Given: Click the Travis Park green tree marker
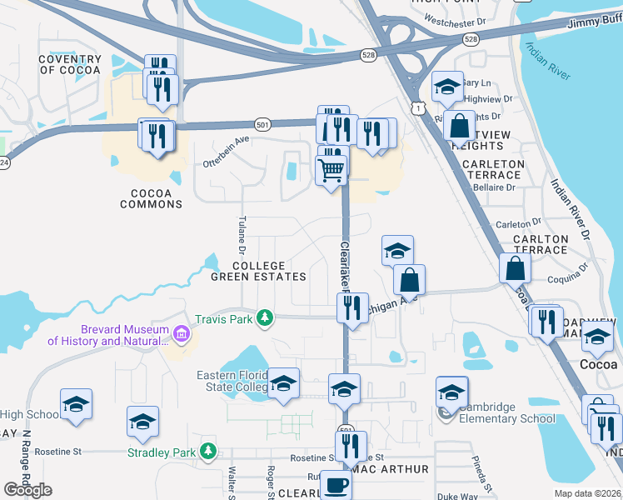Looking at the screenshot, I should (x=265, y=317).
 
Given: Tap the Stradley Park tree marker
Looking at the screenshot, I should (x=207, y=452).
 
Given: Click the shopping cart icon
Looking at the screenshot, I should (x=331, y=170).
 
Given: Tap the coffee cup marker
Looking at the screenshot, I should (x=336, y=485).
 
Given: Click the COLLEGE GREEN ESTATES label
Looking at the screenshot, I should (x=257, y=271).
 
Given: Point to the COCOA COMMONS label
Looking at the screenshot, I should (x=152, y=198).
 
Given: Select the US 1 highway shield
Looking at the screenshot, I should (x=417, y=107).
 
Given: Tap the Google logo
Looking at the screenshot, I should (x=27, y=490).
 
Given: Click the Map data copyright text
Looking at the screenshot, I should (x=588, y=493).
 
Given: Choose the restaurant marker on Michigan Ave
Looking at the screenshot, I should (x=352, y=308).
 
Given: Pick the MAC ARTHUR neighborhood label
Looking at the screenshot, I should (x=390, y=470).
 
